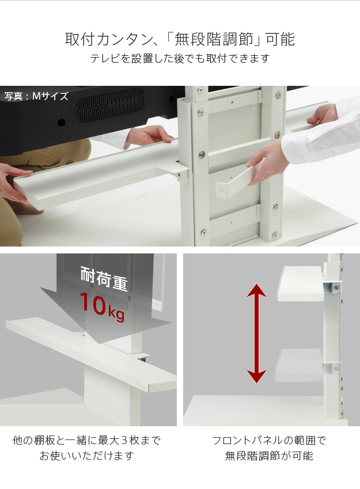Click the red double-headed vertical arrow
[256, 333]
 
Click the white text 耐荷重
[104, 278]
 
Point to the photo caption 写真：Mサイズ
[36, 96]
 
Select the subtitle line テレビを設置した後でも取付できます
[180, 58]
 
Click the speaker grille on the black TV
[110, 106]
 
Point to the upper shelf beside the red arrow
[300, 284]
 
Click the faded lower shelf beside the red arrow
[298, 365]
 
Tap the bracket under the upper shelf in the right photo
[333, 287]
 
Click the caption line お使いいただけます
[87, 456]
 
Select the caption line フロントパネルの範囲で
[269, 441]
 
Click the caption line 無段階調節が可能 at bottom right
[269, 456]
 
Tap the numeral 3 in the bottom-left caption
[124, 441]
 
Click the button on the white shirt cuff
[302, 158]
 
